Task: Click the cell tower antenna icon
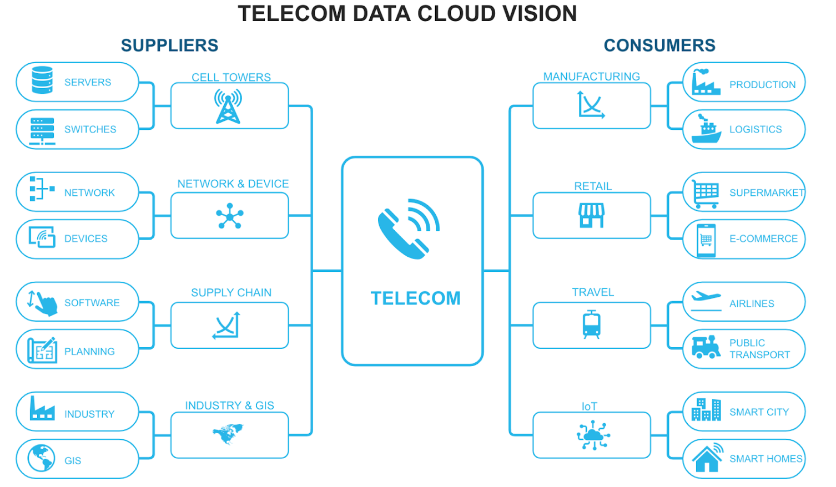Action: (228, 106)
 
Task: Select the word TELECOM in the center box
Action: (415, 298)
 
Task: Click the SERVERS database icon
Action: (42, 81)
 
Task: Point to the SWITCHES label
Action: (90, 129)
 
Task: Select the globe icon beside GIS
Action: (42, 458)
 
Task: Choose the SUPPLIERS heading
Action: (169, 45)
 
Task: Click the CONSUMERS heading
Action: (659, 45)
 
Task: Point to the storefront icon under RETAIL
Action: (591, 215)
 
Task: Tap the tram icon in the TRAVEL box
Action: (591, 325)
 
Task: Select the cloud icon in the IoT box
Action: (593, 435)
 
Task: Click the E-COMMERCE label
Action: (763, 239)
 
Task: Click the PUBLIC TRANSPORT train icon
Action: (706, 347)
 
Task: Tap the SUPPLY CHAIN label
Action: (231, 292)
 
